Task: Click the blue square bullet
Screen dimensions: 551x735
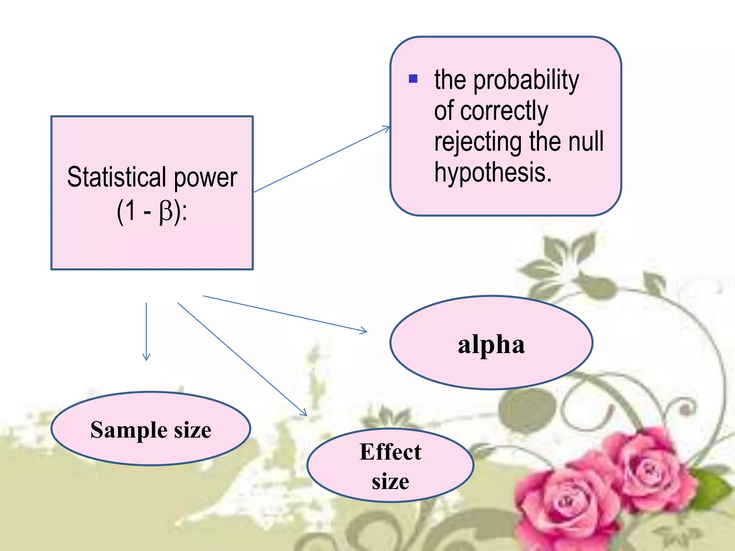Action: click(413, 79)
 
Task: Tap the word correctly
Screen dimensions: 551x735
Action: click(504, 110)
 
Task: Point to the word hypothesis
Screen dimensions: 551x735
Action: click(492, 173)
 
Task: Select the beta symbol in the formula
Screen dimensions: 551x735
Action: click(166, 212)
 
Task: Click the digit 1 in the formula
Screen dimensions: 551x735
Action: click(131, 211)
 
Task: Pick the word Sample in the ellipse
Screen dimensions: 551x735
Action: click(129, 430)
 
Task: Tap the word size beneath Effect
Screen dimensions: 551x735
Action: click(390, 481)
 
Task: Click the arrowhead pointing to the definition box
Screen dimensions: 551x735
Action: click(387, 128)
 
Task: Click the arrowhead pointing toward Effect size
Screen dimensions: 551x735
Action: click(304, 413)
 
